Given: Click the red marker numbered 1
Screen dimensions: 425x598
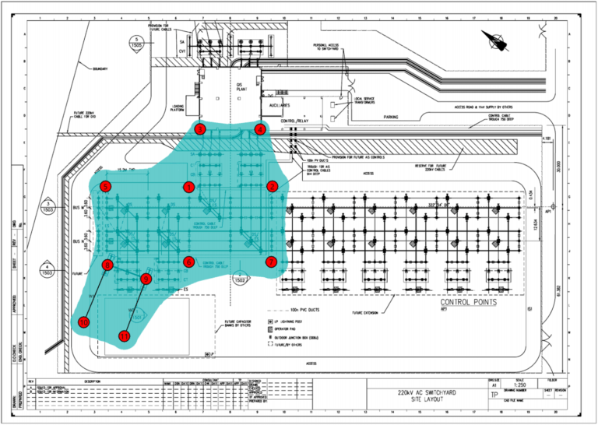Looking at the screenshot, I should (x=188, y=187).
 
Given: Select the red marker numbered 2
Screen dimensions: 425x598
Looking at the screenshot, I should (x=273, y=187).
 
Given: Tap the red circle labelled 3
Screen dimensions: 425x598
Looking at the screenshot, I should (x=200, y=129).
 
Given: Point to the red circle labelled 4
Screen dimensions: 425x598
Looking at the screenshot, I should (x=260, y=129).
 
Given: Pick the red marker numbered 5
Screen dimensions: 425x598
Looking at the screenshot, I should (x=105, y=186).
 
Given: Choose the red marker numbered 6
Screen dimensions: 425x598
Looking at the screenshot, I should (x=188, y=262).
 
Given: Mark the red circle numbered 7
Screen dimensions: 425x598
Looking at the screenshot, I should (x=271, y=262).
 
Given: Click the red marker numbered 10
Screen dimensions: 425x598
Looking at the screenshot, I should (x=84, y=321).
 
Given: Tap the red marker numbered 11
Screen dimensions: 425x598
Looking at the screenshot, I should (x=125, y=335).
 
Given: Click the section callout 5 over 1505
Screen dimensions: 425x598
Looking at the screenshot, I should (x=137, y=42).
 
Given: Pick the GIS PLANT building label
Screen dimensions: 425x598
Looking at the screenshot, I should (x=241, y=87).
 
